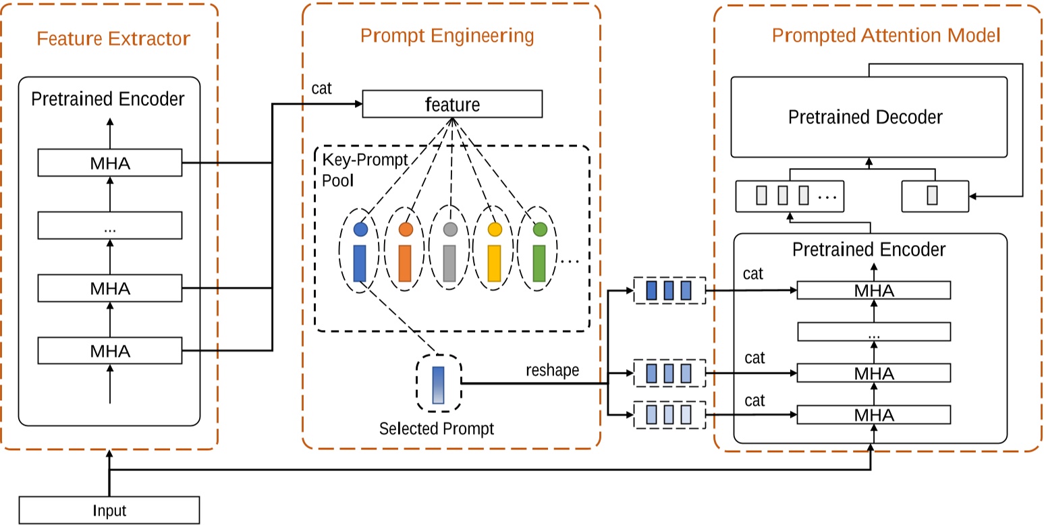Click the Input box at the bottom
pyautogui.click(x=109, y=510)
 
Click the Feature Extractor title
pyautogui.click(x=113, y=38)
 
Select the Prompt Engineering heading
pyautogui.click(x=447, y=36)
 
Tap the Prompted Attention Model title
pyautogui.click(x=885, y=35)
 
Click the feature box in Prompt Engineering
pyautogui.click(x=452, y=105)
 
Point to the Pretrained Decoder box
pyautogui.click(x=869, y=117)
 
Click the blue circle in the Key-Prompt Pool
pyautogui.click(x=360, y=229)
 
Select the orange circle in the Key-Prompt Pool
pyautogui.click(x=406, y=229)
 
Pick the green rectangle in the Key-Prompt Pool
pyautogui.click(x=539, y=262)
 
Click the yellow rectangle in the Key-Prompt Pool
pyautogui.click(x=495, y=262)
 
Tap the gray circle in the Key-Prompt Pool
pyautogui.click(x=450, y=229)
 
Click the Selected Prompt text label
pyautogui.click(x=437, y=429)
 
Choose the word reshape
pyautogui.click(x=552, y=370)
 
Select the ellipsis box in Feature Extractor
pyautogui.click(x=110, y=225)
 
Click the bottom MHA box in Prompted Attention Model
pyautogui.click(x=874, y=414)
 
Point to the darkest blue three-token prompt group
pyautogui.click(x=669, y=291)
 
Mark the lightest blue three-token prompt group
pyautogui.click(x=669, y=414)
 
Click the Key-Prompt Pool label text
pyautogui.click(x=356, y=170)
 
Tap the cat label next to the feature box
pyautogui.click(x=322, y=88)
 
